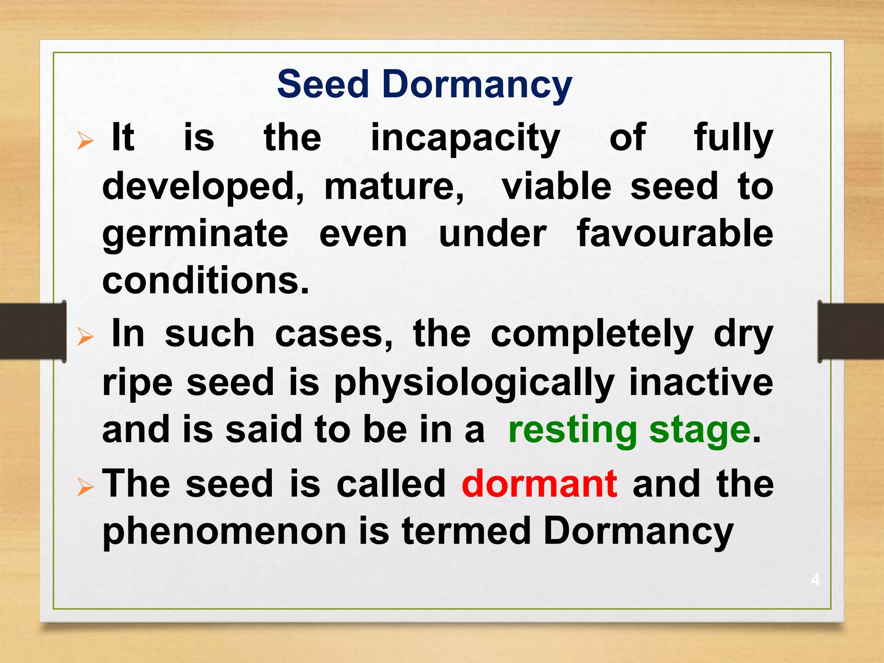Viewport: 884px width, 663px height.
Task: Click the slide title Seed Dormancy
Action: click(424, 84)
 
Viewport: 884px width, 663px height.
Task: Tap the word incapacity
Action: click(465, 138)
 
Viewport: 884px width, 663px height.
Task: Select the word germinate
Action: click(195, 234)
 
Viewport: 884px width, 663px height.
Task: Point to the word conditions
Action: click(205, 281)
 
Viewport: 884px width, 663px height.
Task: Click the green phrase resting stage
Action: click(629, 430)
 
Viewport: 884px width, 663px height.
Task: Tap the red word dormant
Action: click(540, 484)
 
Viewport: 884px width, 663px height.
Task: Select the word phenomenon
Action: click(224, 532)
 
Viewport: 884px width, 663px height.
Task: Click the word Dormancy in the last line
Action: click(638, 532)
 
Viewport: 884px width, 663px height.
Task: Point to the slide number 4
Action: click(815, 579)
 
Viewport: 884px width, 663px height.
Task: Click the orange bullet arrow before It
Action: click(85, 141)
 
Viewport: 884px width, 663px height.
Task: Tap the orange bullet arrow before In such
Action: click(85, 337)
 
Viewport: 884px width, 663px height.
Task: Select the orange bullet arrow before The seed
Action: click(85, 487)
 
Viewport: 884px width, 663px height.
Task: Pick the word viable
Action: click(556, 186)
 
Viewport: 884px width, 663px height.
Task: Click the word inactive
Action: click(701, 382)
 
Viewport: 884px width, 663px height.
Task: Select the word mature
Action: click(394, 186)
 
